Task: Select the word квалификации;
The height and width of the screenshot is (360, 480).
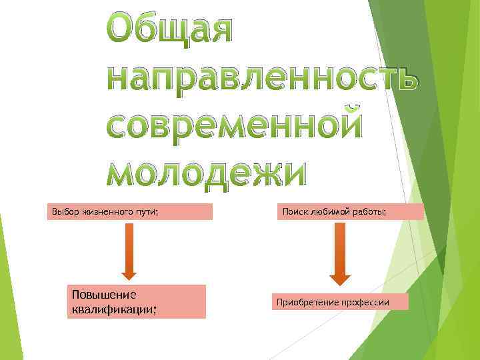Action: [113, 309]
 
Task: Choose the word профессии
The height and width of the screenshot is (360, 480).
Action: [365, 303]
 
